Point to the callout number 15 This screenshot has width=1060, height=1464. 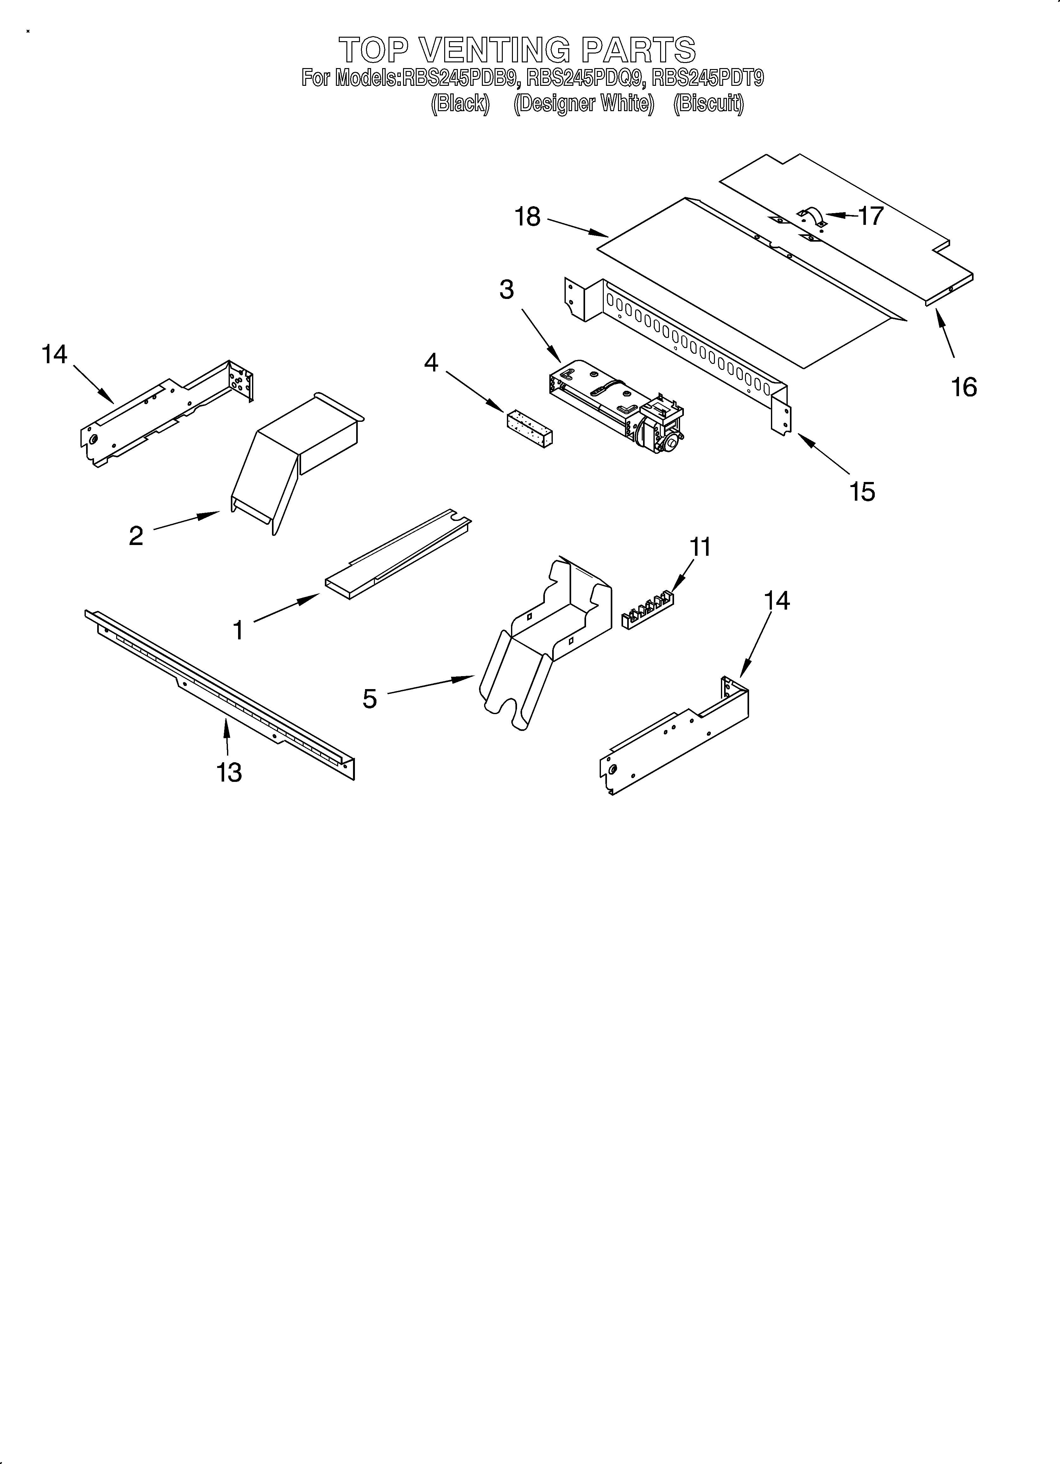[862, 492]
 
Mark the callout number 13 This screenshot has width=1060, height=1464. [229, 772]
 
